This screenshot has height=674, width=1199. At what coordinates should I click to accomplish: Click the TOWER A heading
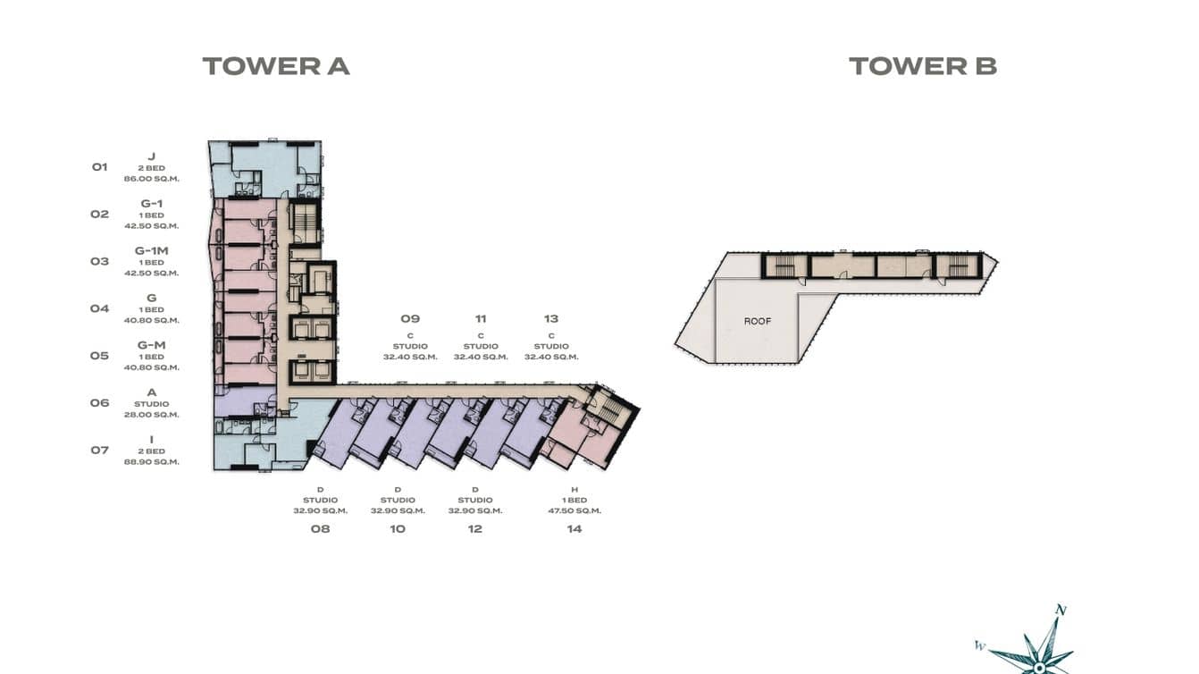pos(275,66)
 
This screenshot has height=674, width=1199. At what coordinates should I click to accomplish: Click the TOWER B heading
pos(922,66)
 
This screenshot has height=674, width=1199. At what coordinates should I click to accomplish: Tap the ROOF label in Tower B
pos(757,321)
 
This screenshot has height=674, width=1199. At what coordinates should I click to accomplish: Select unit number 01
pos(99,167)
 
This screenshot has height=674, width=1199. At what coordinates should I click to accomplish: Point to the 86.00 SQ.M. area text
pos(152,179)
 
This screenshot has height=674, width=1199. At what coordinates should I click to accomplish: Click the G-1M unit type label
pos(152,251)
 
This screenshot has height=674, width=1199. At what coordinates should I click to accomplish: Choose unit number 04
pos(99,308)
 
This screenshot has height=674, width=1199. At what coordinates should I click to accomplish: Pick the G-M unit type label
pos(152,345)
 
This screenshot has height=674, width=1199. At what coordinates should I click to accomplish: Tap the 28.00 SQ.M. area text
pos(152,415)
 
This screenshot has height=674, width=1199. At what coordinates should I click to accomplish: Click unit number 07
pos(99,450)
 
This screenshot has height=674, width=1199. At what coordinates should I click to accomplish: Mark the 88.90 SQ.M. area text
pos(152,462)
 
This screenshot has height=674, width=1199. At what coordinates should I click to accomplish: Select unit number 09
pos(410,318)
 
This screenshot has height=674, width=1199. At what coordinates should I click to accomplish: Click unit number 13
pos(551,318)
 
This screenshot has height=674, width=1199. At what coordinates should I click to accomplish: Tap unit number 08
pos(320,528)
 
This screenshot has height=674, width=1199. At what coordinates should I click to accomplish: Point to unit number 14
pos(574,528)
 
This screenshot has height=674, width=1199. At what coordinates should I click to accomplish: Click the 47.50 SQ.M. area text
pos(574,511)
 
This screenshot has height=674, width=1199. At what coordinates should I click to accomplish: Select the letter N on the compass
pos(1061,611)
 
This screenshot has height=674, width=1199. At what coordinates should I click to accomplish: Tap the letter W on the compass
pos(980,645)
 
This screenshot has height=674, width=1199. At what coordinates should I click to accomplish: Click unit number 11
pos(481,318)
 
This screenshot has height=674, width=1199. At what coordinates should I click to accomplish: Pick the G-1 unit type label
pos(152,204)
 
